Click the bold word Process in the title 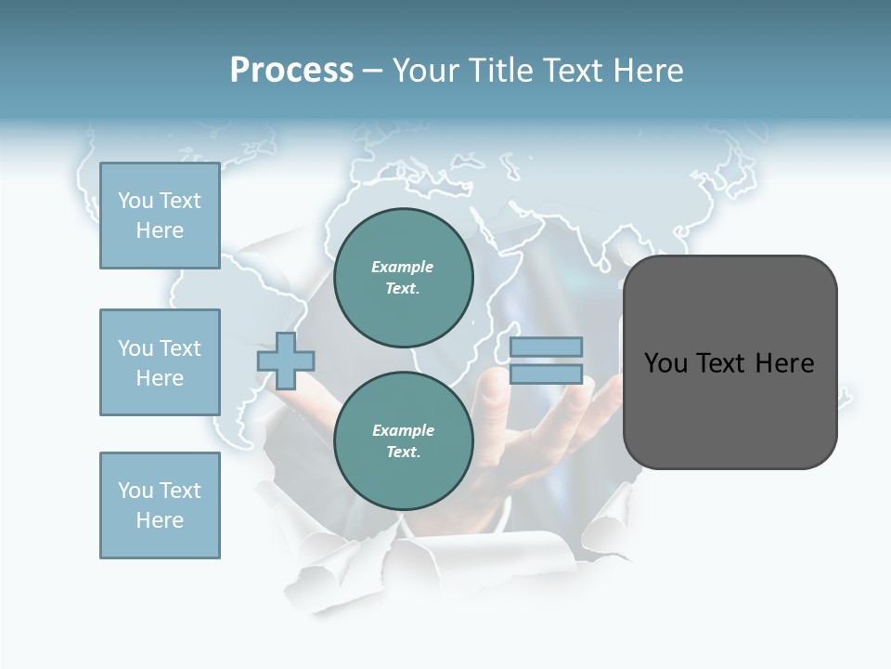tap(291, 71)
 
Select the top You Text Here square tap(160, 216)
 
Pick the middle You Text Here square tap(160, 362)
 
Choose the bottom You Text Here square tap(160, 505)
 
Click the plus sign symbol tap(286, 361)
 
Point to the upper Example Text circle tap(403, 277)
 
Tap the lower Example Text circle tap(403, 440)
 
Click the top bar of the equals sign tap(546, 348)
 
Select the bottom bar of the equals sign tap(546, 374)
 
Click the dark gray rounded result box tap(730, 362)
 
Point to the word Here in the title tap(647, 71)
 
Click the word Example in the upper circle tap(403, 267)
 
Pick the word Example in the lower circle tap(403, 430)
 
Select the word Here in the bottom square tap(160, 520)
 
